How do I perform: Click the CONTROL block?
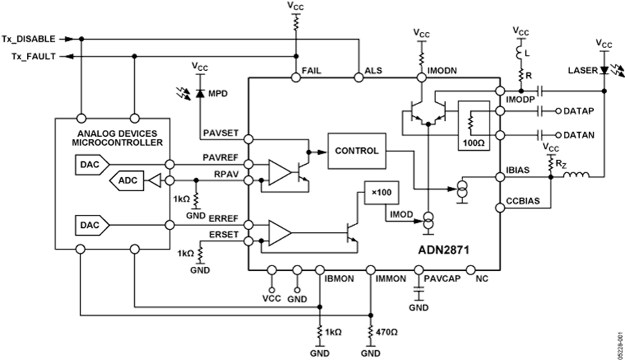pos(357,150)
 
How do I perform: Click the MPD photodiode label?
pos(218,93)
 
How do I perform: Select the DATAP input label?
pos(578,111)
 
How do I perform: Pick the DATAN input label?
pos(578,135)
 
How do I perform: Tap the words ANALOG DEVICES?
pos(112,133)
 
